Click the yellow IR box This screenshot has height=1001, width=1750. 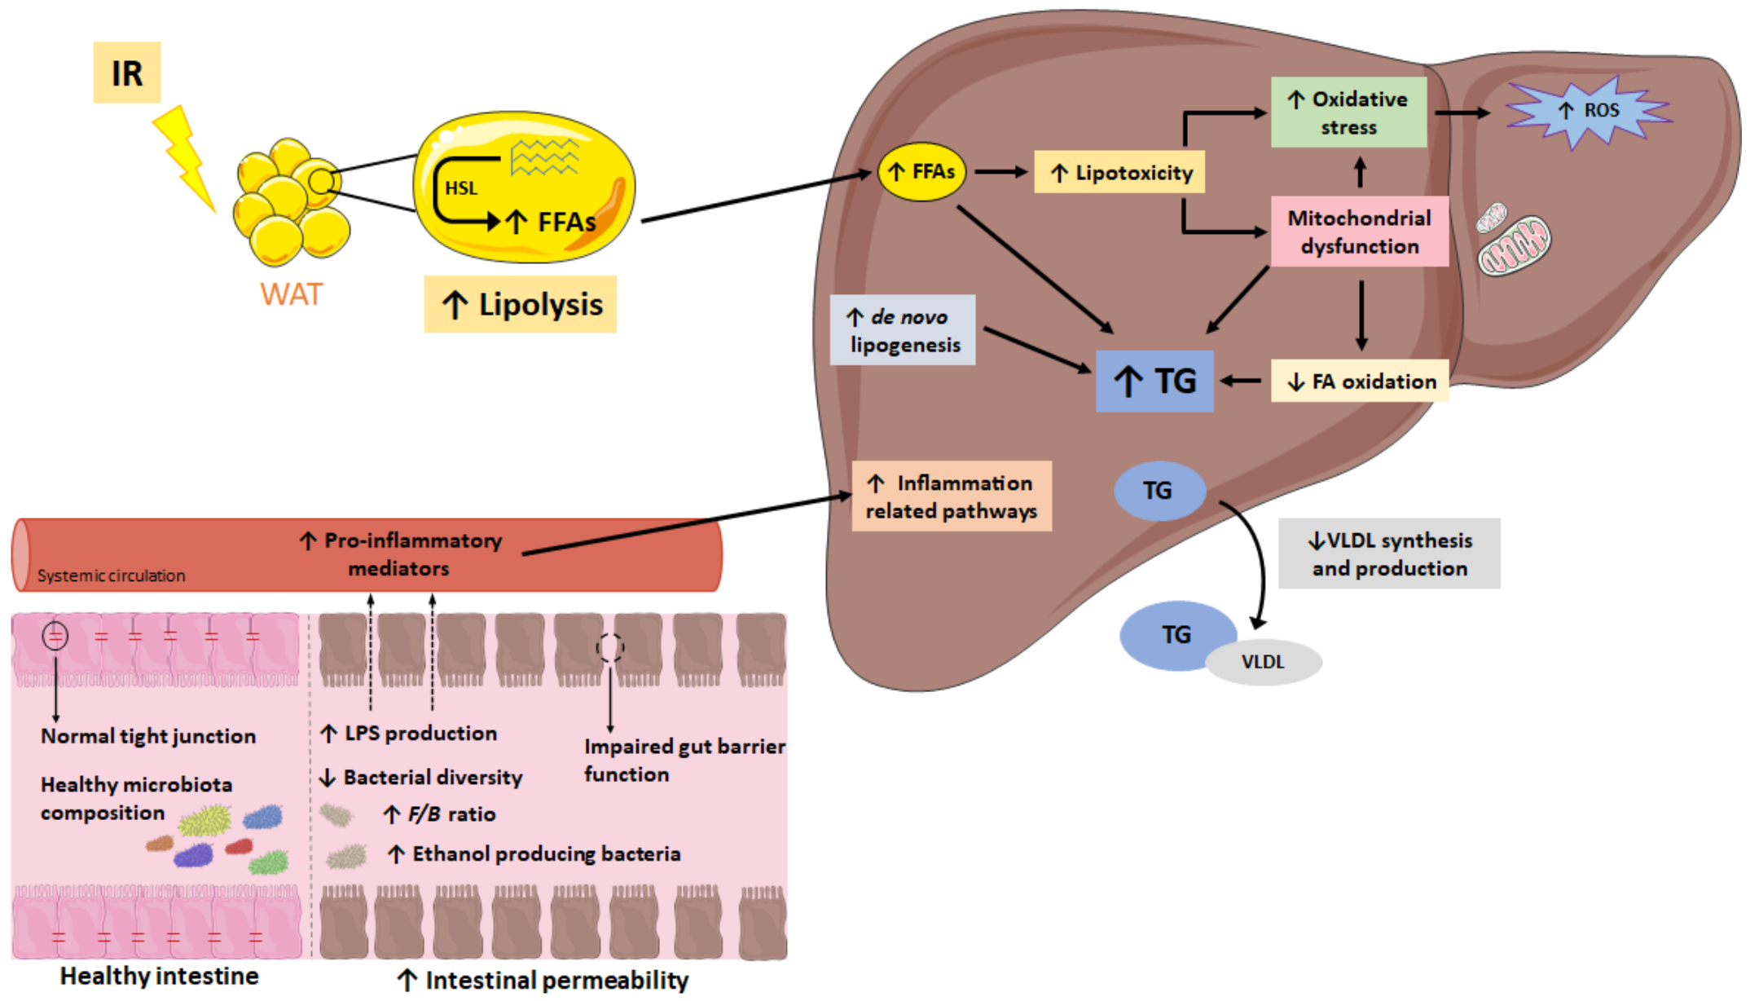click(126, 73)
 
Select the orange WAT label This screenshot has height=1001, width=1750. click(291, 293)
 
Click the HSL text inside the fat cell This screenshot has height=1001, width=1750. click(461, 188)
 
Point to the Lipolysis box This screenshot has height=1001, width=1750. click(520, 304)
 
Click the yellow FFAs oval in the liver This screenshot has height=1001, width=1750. click(921, 172)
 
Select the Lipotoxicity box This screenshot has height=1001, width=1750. click(1119, 172)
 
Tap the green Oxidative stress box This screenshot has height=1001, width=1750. click(1348, 112)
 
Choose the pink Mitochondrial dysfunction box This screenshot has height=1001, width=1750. click(1359, 232)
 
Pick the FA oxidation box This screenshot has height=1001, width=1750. click(1360, 381)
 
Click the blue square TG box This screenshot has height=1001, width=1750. click(1154, 381)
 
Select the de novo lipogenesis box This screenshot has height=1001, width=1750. click(903, 330)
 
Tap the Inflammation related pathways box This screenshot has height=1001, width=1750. click(951, 496)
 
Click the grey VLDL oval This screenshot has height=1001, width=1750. click(1263, 662)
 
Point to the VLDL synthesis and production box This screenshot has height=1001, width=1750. click(1388, 553)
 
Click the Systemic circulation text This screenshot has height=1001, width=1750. click(112, 575)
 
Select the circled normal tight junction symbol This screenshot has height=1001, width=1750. click(55, 635)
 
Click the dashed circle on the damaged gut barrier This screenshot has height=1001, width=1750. click(609, 648)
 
